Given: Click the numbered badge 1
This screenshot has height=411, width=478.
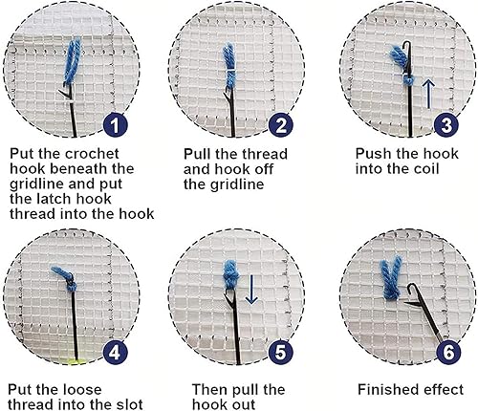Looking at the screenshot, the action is (115, 125).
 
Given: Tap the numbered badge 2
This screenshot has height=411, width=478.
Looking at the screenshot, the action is (280, 125).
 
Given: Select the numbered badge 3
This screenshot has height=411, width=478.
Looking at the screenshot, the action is (446, 125).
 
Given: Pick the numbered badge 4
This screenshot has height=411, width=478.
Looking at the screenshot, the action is (115, 353).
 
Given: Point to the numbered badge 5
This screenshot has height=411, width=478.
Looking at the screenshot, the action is (280, 353).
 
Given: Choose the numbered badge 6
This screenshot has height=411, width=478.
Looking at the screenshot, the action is (448, 353).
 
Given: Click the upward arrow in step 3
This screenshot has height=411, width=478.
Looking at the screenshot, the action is (429, 94).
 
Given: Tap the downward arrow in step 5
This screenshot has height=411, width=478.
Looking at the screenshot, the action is (251, 290).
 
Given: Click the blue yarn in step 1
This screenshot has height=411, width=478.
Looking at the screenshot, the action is (72, 62).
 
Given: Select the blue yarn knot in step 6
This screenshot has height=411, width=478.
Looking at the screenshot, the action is (392, 279).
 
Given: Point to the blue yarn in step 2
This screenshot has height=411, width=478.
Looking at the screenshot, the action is (229, 65).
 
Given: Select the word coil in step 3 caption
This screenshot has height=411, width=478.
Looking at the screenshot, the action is (425, 169).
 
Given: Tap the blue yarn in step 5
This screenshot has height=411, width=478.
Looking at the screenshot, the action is (231, 274).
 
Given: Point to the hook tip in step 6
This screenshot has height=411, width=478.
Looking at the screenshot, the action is (409, 286).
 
